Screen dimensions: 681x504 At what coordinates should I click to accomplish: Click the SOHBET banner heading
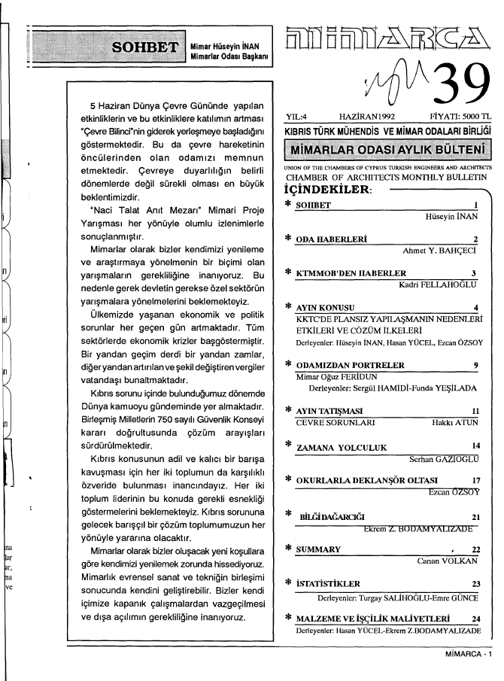(x=144, y=51)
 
